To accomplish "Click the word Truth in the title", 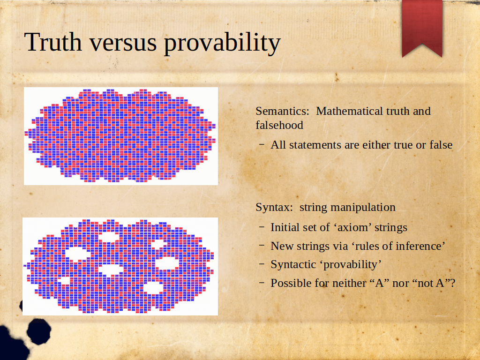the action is click(53, 42).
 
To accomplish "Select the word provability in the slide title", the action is click(222, 44).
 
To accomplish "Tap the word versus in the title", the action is click(123, 45).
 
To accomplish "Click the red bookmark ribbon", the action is click(422, 28).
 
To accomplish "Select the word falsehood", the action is click(279, 125).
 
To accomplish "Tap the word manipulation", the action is click(363, 208).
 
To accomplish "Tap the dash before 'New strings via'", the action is click(262, 246).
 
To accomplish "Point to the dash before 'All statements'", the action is click(262, 144).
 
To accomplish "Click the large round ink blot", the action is click(38, 331).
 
